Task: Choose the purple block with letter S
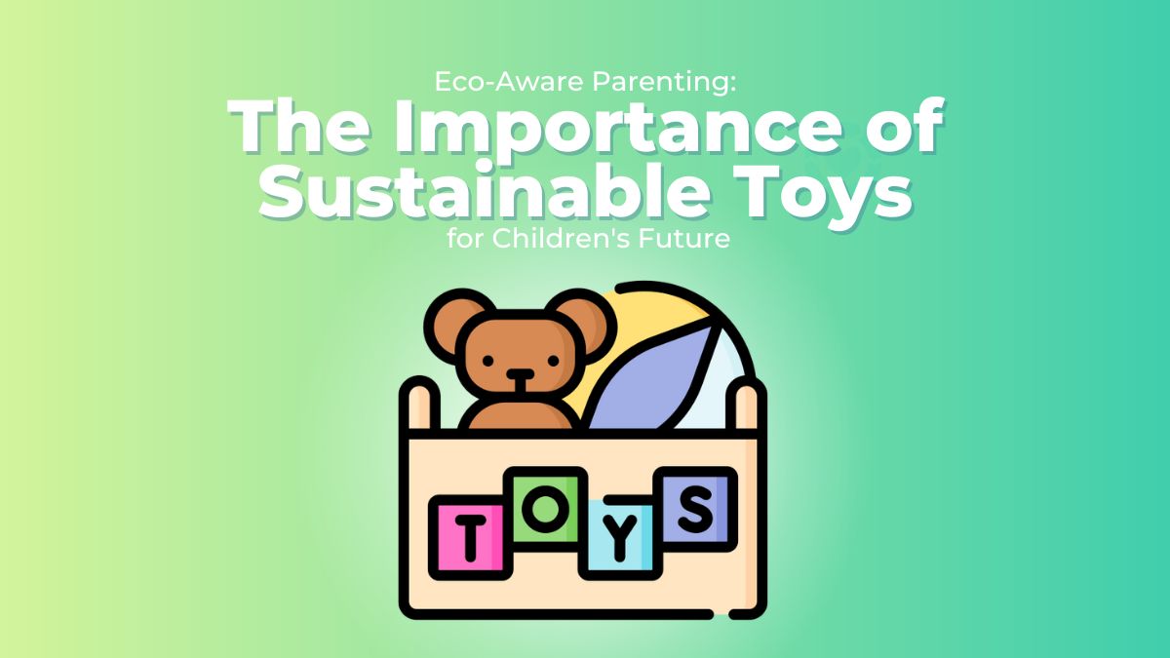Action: (x=695, y=506)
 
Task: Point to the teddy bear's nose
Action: (x=520, y=374)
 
